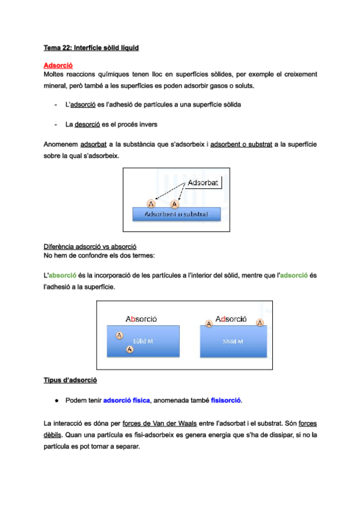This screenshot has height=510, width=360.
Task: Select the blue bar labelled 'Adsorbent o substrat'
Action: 176,214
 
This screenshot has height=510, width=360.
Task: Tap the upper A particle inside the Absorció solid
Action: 120,335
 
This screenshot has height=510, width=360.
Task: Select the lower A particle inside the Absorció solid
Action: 130,349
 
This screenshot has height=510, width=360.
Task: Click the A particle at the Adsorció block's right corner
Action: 260,323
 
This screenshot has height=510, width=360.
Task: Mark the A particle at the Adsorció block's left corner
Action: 209,324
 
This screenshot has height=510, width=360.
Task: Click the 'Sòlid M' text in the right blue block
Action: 233,341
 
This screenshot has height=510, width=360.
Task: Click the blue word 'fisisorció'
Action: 227,400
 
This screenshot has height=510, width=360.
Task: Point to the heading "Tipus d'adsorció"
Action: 71,380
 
